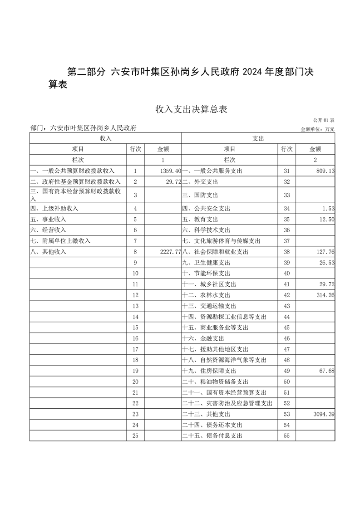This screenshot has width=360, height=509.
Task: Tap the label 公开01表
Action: pyautogui.click(x=324, y=120)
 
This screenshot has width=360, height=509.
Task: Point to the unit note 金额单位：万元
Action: pyautogui.click(x=317, y=129)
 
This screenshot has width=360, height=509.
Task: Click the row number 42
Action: pyautogui.click(x=286, y=295)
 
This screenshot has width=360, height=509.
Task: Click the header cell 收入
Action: pyautogui.click(x=106, y=138)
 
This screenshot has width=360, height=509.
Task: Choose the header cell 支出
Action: pyautogui.click(x=258, y=138)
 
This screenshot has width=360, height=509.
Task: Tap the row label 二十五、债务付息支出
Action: pyautogui.click(x=212, y=436)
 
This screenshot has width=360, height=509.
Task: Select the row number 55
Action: pyautogui.click(x=286, y=436)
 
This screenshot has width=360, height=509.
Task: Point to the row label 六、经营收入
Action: pyautogui.click(x=48, y=230)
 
